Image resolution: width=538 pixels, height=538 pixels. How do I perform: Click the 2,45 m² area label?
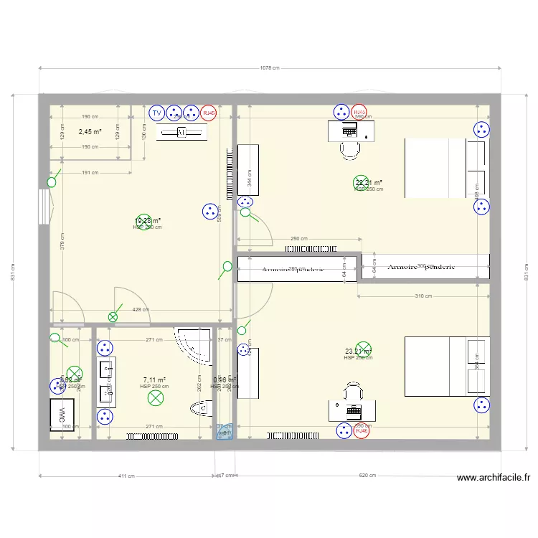[90, 132]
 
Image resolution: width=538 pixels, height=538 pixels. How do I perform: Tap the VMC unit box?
[62, 415]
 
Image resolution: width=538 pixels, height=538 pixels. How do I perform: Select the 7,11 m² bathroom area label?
[154, 380]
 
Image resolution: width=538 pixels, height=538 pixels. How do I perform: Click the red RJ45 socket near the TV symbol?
[209, 113]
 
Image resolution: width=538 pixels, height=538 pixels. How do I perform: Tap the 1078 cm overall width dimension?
[270, 68]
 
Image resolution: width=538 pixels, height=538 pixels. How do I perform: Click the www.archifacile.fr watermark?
[493, 477]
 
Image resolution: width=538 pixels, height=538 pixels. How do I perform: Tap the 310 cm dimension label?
[423, 296]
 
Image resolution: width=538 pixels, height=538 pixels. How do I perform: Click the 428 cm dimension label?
[141, 310]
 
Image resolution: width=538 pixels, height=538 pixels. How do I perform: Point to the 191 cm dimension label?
[90, 173]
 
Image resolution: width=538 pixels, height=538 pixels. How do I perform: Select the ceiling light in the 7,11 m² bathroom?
[155, 397]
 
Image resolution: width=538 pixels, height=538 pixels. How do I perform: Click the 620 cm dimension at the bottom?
[368, 476]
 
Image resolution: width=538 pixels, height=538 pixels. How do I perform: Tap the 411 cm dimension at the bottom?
[126, 476]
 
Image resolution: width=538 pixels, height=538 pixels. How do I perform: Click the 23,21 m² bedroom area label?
[358, 351]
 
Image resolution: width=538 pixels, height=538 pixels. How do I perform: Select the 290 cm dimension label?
[299, 239]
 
